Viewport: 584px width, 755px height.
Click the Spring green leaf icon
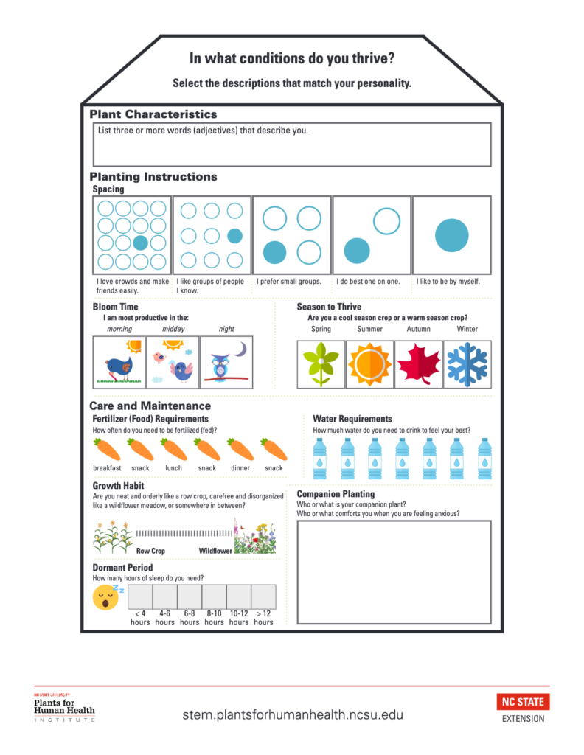pyautogui.click(x=321, y=364)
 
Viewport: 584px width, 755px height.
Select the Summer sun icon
pyautogui.click(x=369, y=364)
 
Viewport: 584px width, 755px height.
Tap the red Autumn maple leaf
pyautogui.click(x=418, y=364)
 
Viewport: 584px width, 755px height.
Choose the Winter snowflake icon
pyautogui.click(x=467, y=364)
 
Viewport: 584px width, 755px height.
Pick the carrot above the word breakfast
pyautogui.click(x=107, y=448)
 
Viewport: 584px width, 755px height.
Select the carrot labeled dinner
pyautogui.click(x=240, y=448)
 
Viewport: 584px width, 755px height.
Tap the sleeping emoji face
pyautogui.click(x=106, y=598)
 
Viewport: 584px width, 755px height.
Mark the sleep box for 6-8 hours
pyautogui.click(x=190, y=596)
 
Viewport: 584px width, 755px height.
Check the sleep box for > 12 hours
pyautogui.click(x=263, y=596)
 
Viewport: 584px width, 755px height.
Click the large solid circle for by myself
pyautogui.click(x=451, y=236)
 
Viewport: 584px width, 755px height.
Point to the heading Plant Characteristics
pyautogui.click(x=153, y=114)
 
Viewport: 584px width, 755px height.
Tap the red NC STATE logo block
pyautogui.click(x=524, y=701)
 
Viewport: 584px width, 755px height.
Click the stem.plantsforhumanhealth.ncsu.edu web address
pyautogui.click(x=293, y=714)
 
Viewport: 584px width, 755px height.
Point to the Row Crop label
pyautogui.click(x=151, y=551)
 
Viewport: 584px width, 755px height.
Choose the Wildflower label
pyautogui.click(x=215, y=551)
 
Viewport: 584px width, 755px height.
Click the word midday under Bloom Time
pyautogui.click(x=173, y=329)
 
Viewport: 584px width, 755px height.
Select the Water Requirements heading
pyautogui.click(x=352, y=419)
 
